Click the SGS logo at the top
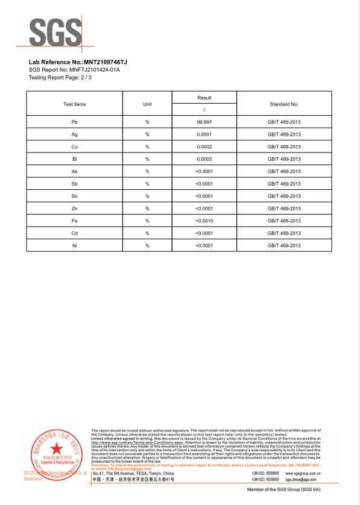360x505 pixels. click(55, 32)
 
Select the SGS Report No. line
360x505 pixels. click(74, 70)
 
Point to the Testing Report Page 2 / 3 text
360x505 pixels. click(61, 78)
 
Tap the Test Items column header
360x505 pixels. click(75, 104)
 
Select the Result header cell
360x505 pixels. click(204, 98)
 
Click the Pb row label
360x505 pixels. click(74, 122)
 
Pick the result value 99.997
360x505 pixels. click(204, 122)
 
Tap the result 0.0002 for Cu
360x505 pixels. click(204, 147)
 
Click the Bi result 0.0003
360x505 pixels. click(204, 159)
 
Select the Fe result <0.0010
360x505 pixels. click(204, 221)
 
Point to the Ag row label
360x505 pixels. click(74, 134)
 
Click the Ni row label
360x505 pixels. click(74, 245)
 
